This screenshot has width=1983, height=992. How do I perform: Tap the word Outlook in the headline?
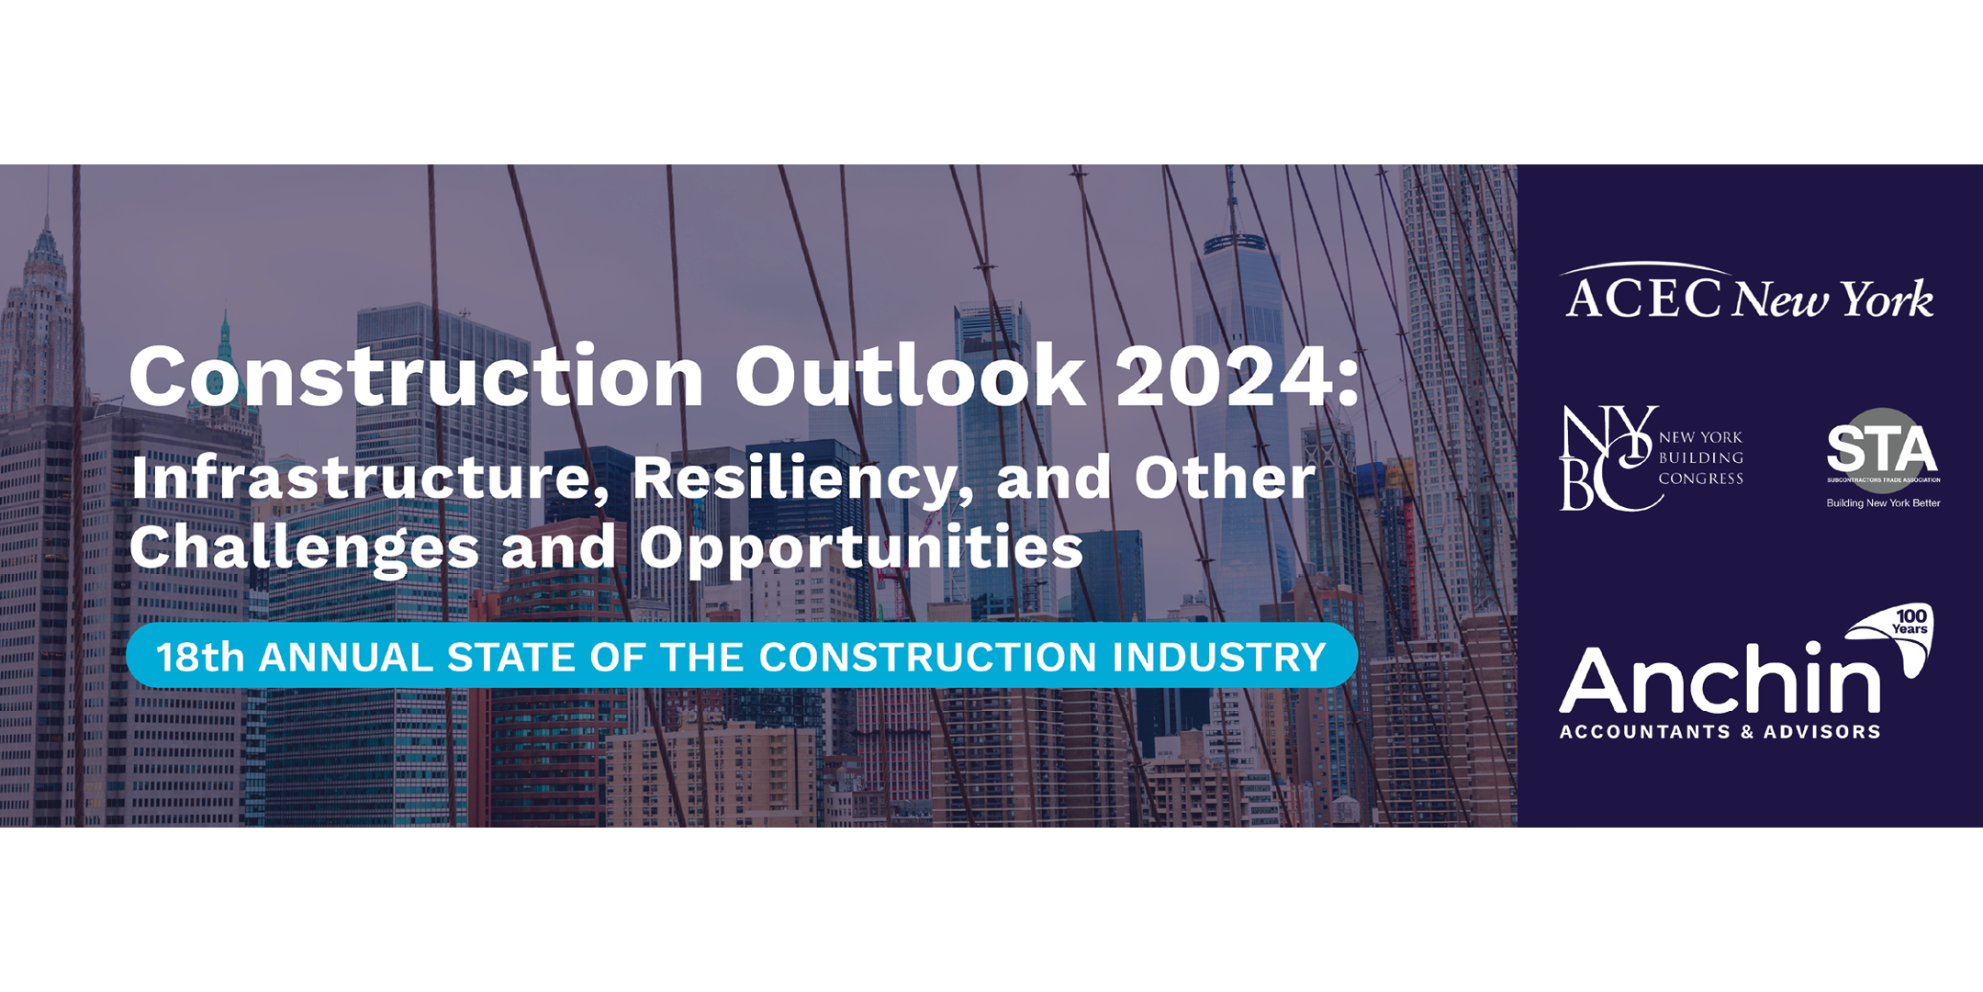coord(909,377)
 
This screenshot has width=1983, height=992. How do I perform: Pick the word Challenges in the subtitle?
coord(304,549)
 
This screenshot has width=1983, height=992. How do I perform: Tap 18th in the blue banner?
coord(200,658)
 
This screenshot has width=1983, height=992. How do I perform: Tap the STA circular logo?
coord(1882,450)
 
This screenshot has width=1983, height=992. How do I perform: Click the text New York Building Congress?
coord(1700,457)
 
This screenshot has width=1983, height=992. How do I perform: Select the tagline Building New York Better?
coord(1883,503)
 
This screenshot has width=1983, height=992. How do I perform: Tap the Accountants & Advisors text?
coord(1720,732)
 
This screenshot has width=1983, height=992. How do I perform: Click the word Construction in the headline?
coord(416,377)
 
